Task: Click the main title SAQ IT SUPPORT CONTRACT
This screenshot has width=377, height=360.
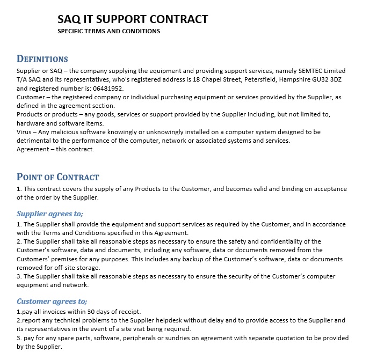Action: coord(133,19)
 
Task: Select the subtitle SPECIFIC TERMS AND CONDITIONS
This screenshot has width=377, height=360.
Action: coord(109,31)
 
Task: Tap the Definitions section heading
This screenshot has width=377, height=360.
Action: coord(42,59)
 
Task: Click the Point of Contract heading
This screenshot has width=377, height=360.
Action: coord(58,177)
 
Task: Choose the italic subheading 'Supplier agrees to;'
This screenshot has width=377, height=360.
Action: coord(50,214)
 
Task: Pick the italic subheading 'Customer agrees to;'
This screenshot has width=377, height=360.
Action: coord(52,301)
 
